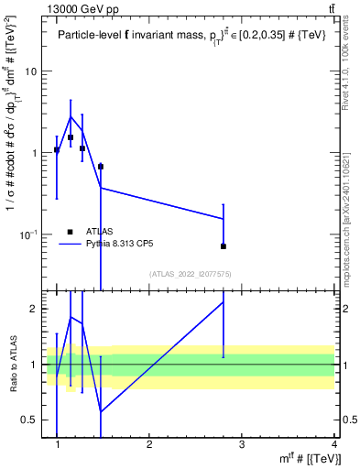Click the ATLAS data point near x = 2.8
[x=224, y=246]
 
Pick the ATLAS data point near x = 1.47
[x=100, y=167]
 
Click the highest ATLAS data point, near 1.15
[x=71, y=137]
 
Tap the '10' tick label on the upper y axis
[x=31, y=71]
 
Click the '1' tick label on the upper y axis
[x=34, y=153]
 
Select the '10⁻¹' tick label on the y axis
[x=28, y=234]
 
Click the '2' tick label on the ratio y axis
[x=34, y=309]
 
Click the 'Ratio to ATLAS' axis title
[x=11, y=365]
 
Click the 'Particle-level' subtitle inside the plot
[x=91, y=36]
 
